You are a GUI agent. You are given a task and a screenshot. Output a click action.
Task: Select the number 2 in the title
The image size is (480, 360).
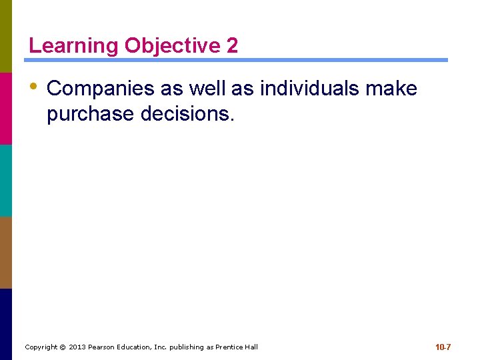(232, 46)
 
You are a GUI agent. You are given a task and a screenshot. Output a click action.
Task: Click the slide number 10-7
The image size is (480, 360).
(443, 347)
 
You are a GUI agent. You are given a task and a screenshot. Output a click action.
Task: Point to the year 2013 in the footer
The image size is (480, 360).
(78, 347)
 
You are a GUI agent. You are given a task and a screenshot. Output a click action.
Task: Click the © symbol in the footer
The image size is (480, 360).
(63, 347)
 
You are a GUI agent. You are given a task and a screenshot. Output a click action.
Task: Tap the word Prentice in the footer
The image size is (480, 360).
(229, 347)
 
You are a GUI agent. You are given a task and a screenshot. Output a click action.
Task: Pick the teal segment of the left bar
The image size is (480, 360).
(6, 180)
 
